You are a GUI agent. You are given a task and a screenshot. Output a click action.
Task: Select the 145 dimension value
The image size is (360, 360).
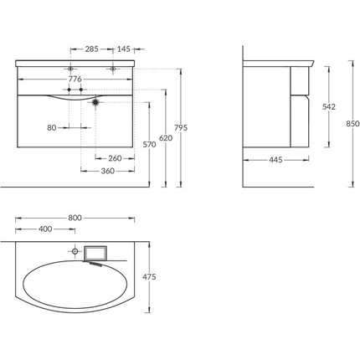[x=126, y=49]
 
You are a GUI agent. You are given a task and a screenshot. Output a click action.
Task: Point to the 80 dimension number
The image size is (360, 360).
[x=52, y=128]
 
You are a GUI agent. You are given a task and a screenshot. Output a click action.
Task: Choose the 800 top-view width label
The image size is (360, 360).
[x=75, y=218]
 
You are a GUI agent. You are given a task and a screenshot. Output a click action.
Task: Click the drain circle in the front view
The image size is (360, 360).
[x=96, y=101]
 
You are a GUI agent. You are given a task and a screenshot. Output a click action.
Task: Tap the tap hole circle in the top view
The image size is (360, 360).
[x=75, y=250]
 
